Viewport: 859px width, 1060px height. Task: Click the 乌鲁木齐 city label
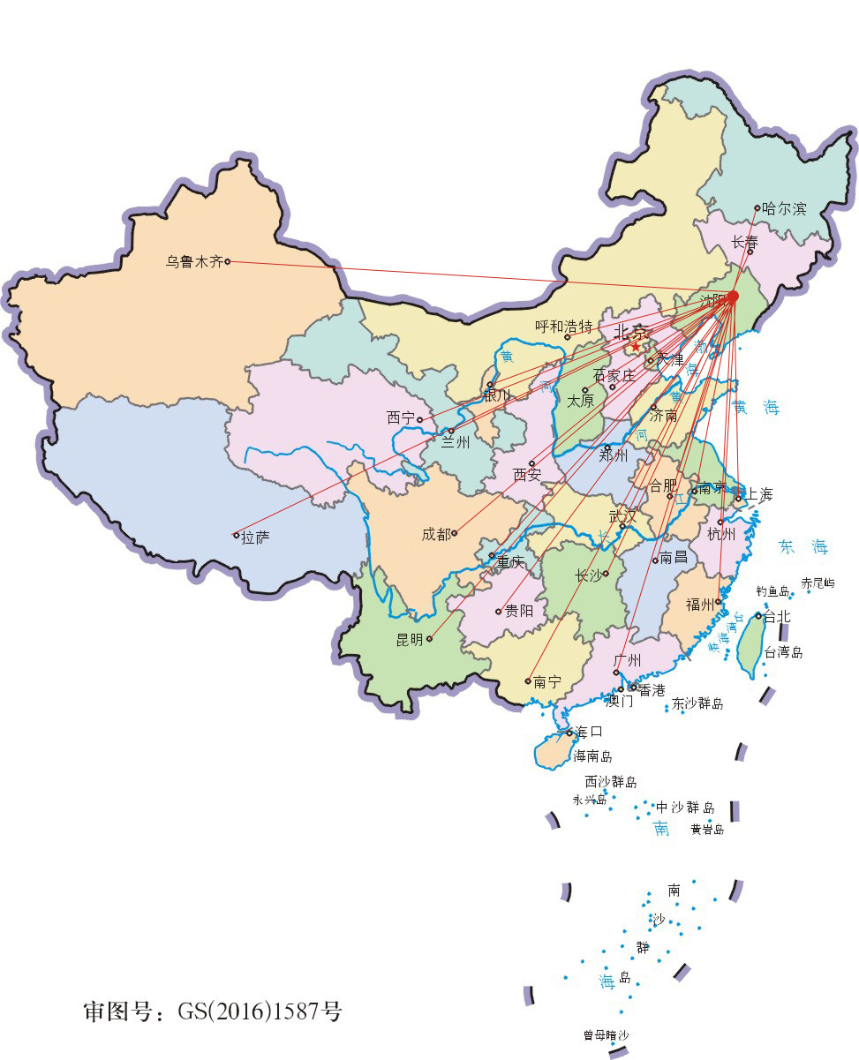coord(194,261)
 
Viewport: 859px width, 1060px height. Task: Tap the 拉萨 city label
coord(255,537)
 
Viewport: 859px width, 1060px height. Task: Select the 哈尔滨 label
coord(785,209)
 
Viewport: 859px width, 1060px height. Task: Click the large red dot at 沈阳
coord(732,297)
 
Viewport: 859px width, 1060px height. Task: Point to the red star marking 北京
coord(635,346)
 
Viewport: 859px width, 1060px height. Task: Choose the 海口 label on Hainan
coord(589,732)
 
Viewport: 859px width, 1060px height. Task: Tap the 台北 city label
coord(777,617)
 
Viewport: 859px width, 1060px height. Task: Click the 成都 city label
coord(435,534)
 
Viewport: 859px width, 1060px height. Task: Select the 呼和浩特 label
coord(563,326)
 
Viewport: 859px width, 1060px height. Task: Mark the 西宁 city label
coord(400,417)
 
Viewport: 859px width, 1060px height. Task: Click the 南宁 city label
coord(547,681)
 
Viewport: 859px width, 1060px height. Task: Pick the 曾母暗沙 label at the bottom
coord(607,1035)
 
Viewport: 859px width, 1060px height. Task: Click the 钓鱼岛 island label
coord(772,591)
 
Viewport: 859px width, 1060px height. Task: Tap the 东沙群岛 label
coord(697,703)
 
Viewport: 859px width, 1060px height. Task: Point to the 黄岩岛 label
coord(707,829)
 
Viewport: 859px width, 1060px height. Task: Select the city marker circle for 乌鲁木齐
coord(228,261)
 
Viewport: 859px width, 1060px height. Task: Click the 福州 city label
coord(700,605)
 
